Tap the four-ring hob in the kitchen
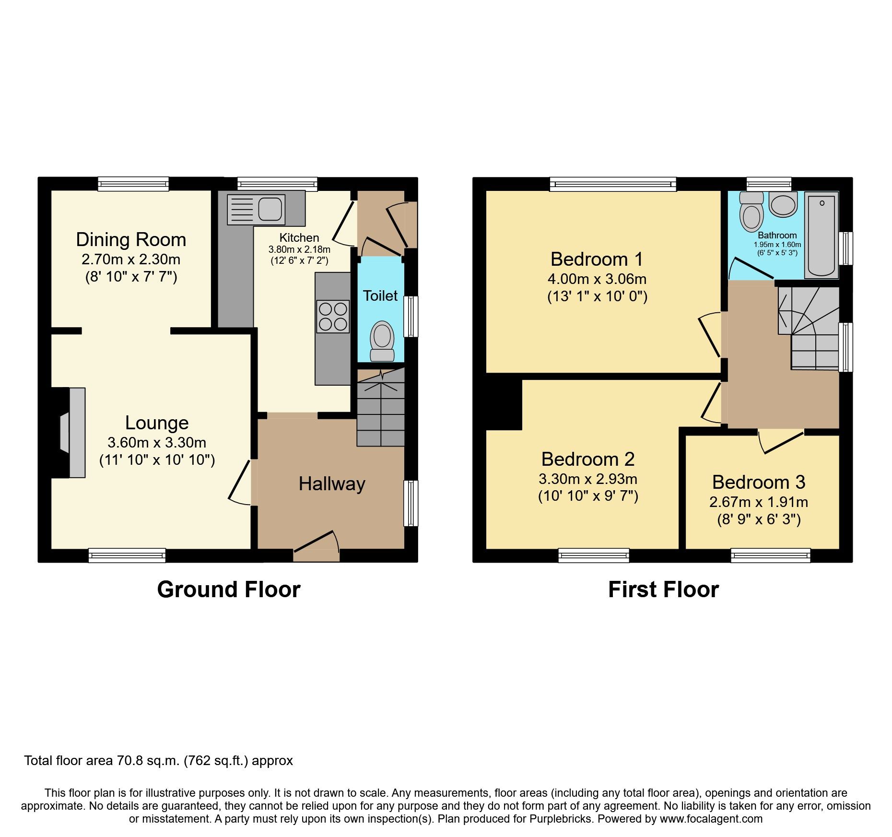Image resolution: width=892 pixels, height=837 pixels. coord(332,317)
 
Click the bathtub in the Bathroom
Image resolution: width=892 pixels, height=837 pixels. coord(821,235)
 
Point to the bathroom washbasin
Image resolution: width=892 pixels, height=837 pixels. coord(783,204)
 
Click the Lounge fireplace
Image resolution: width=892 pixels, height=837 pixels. coord(72,433)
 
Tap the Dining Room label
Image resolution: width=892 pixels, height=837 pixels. coord(131,239)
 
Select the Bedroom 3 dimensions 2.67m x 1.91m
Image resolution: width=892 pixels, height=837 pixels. coord(758,502)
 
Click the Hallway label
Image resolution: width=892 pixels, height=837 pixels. coord(332,483)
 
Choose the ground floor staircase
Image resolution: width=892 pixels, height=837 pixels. coord(381,408)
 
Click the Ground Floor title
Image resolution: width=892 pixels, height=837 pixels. coord(229,589)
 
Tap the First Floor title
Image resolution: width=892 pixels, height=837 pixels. coord(663,589)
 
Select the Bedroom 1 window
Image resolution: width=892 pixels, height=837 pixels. coord(612,184)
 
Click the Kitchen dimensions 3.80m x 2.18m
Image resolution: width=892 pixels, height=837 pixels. coord(299,249)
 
